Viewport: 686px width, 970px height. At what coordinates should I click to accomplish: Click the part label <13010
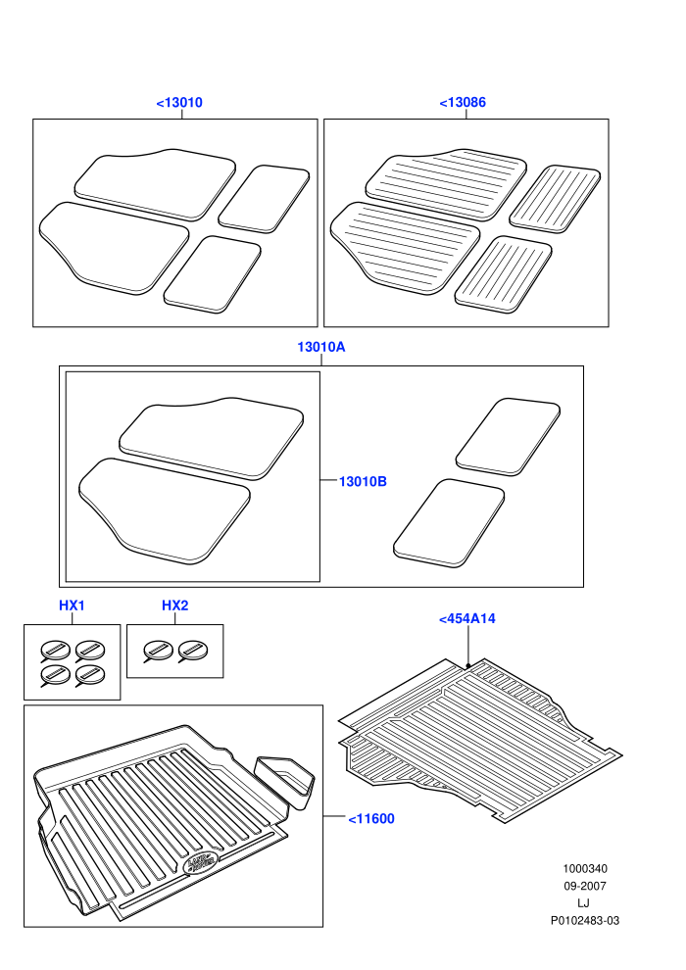[179, 103]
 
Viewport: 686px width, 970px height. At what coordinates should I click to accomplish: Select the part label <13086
[463, 103]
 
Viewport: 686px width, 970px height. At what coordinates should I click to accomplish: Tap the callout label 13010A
[321, 347]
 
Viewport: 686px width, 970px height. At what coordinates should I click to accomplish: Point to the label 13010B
[363, 481]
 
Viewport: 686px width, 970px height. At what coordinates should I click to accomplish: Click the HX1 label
[72, 606]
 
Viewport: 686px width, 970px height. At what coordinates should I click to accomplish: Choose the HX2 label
[175, 606]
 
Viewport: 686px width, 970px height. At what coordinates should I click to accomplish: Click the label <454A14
[467, 618]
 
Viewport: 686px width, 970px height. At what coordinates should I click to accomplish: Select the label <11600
[371, 819]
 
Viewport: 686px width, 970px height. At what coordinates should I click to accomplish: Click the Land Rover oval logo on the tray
[202, 862]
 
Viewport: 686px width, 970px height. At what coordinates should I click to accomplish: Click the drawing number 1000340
[585, 868]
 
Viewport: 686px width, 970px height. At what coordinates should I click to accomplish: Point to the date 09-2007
[585, 886]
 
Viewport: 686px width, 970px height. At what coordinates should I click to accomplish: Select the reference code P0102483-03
[585, 920]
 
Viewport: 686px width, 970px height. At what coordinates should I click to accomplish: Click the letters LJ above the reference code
[583, 903]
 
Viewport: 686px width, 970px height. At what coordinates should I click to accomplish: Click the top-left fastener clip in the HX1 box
[55, 651]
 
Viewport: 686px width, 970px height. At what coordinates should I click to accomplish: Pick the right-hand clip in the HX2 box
[192, 651]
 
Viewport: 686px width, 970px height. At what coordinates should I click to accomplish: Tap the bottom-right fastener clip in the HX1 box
[89, 674]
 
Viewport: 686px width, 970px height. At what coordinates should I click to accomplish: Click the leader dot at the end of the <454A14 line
[468, 665]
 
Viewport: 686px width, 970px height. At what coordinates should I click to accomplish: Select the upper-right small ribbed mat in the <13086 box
[555, 199]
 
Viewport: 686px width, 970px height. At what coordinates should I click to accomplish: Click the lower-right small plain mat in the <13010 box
[213, 274]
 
